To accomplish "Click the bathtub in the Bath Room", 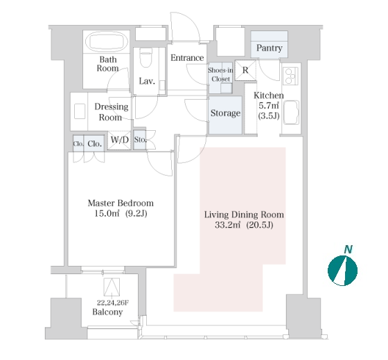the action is point(107,42).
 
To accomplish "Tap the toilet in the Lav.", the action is point(145,57).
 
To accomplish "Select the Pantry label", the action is point(270,48).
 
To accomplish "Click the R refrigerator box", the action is point(245,71).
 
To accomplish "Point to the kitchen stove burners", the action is point(290,76).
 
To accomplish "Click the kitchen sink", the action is point(291,112).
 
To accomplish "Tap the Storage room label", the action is point(225,114).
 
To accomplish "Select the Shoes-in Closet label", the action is point(220,75).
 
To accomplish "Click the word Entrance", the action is point(187,58).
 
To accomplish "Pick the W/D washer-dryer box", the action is point(119,140).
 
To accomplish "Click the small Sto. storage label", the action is point(140,140).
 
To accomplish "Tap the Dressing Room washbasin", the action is point(80,111).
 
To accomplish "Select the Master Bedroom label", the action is point(121,204).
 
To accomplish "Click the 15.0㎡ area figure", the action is point(107,213).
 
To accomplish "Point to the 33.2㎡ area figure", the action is point(228,225).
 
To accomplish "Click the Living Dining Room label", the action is point(244,215).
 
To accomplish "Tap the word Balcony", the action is point(107,312).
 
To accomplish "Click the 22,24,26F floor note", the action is point(113,303).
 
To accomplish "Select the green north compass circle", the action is point(343,271).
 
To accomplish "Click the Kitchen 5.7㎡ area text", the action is point(269,106).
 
